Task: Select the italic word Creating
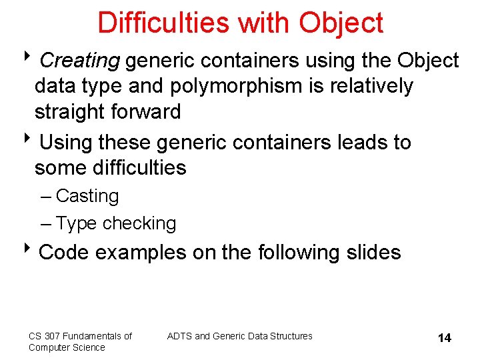pos(79,61)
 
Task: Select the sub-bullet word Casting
pos(87,196)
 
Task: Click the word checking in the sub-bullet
pos(139,223)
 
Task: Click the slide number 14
pos(444,338)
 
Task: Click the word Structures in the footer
pos(291,336)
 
